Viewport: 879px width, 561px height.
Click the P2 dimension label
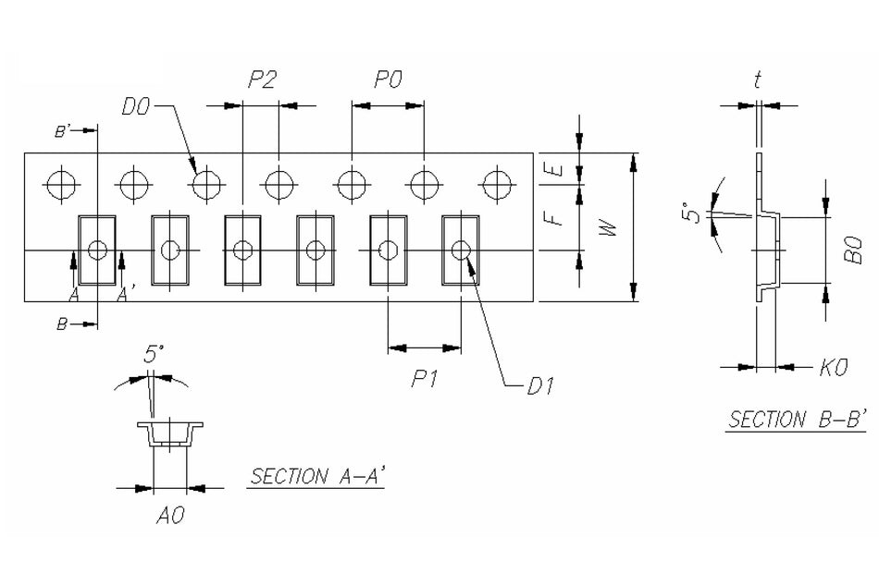[262, 81]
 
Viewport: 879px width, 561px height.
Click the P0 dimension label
[388, 81]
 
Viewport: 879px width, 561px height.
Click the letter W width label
[607, 227]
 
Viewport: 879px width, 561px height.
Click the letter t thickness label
[758, 80]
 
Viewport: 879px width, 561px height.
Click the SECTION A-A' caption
[317, 477]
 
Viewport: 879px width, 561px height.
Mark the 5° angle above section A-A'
[155, 354]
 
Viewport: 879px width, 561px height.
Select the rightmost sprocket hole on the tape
[498, 182]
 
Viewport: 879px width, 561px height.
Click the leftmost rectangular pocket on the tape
[96, 250]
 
